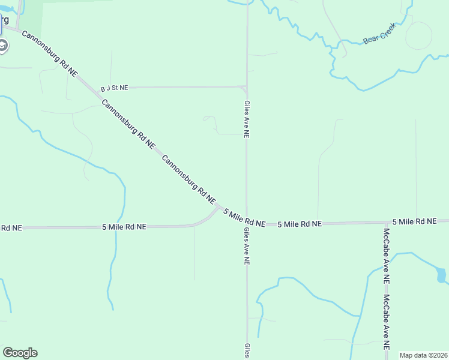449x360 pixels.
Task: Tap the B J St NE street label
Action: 114,88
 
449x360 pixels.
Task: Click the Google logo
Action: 20,353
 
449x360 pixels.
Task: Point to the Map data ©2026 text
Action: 423,355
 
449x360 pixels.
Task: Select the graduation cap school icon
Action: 3,45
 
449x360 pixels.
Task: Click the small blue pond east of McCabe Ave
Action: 442,275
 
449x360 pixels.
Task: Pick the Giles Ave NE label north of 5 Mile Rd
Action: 246,119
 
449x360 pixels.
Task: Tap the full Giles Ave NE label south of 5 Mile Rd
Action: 246,246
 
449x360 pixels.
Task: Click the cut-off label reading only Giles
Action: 246,351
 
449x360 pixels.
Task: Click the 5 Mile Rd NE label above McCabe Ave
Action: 414,221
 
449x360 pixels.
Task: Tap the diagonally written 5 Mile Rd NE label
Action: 244,217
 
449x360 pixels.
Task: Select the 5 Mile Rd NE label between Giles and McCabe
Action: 300,224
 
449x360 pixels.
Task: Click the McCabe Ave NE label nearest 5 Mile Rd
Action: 387,256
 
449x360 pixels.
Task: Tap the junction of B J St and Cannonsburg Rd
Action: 98,90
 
